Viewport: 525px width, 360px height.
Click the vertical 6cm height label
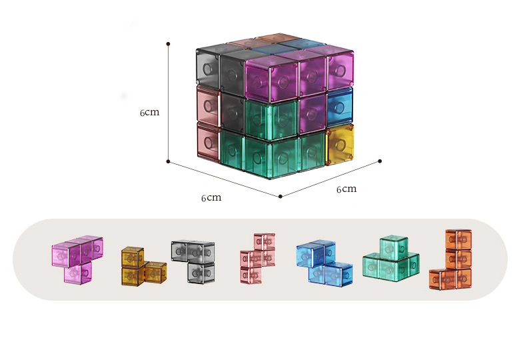[x=150, y=113]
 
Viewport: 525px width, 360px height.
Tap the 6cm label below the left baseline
[x=211, y=198]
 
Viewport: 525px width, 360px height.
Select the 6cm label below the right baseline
[x=346, y=189]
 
